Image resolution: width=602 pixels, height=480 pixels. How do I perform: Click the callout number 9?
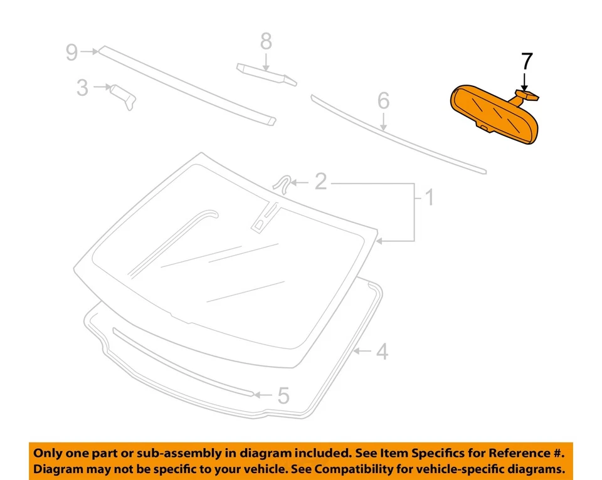click(72, 52)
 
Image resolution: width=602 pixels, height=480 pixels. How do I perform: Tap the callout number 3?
click(82, 88)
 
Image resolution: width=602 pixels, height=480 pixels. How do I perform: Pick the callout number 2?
click(320, 182)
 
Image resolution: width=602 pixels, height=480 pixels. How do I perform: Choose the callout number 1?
click(429, 199)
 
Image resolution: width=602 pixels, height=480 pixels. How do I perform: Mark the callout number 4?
click(381, 352)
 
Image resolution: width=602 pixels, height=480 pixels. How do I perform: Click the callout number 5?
click(283, 395)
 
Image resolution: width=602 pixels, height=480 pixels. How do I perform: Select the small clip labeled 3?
click(124, 95)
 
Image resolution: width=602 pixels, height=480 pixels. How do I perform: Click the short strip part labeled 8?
click(265, 73)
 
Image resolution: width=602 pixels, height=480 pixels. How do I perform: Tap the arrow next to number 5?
click(263, 395)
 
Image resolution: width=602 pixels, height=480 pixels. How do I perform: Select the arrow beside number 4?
click(361, 352)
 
